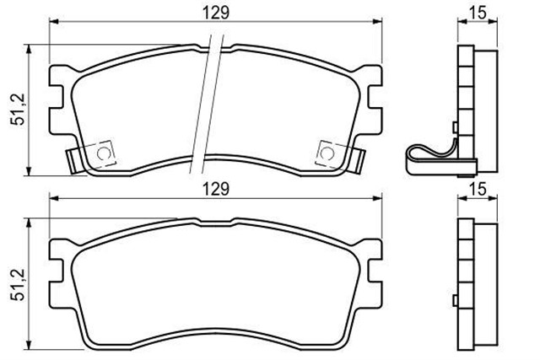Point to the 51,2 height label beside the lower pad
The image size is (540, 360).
pyautogui.click(x=15, y=284)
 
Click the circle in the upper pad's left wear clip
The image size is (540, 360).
pyautogui.click(x=102, y=153)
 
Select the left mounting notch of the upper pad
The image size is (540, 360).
pyautogui.click(x=58, y=95)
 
